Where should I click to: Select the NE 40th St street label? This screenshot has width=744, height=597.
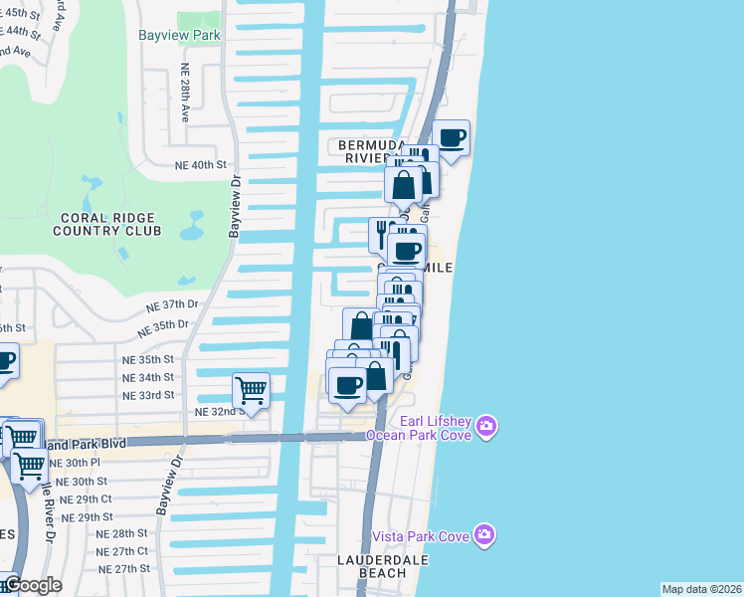tap(201, 165)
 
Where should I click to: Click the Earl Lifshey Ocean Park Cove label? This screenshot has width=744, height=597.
tap(418, 427)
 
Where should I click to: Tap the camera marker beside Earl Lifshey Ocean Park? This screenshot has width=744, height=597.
tap(485, 426)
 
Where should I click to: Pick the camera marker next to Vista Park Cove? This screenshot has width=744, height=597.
tap(484, 535)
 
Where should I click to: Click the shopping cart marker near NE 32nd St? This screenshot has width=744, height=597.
tap(251, 391)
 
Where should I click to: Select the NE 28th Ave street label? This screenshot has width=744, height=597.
tap(185, 94)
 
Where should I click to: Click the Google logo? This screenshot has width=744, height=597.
tap(33, 585)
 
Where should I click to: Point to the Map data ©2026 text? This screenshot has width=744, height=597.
tap(700, 589)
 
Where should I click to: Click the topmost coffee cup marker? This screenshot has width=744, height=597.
tap(451, 137)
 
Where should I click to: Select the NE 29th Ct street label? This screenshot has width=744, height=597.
tap(86, 499)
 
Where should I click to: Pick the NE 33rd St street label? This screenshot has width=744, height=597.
tap(147, 395)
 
